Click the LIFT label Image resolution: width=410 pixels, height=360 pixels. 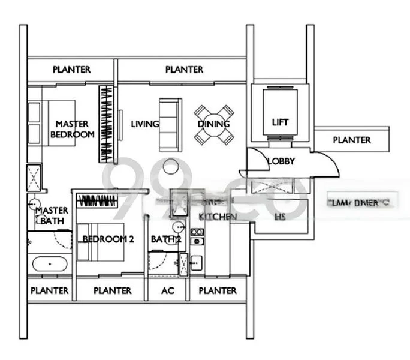tap(280, 122)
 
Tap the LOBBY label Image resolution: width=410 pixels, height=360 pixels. tap(281, 161)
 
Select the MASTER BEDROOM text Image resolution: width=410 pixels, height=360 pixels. tap(73, 130)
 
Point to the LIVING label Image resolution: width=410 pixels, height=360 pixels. tap(145, 124)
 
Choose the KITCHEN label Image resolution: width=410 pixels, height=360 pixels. tap(218, 216)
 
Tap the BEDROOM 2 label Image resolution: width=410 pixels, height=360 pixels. tap(108, 239)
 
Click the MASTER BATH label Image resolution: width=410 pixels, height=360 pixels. tap(52, 216)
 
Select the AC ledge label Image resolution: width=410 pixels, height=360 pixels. tap(168, 291)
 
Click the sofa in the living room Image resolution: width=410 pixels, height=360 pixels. tap(168, 125)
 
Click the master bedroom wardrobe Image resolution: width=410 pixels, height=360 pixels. tap(107, 124)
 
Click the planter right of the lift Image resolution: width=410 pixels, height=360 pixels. tap(352, 140)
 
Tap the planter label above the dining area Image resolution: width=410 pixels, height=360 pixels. tap(184, 70)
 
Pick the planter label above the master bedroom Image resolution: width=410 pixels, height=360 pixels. tap(72, 70)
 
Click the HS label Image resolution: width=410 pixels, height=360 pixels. tap(279, 217)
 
